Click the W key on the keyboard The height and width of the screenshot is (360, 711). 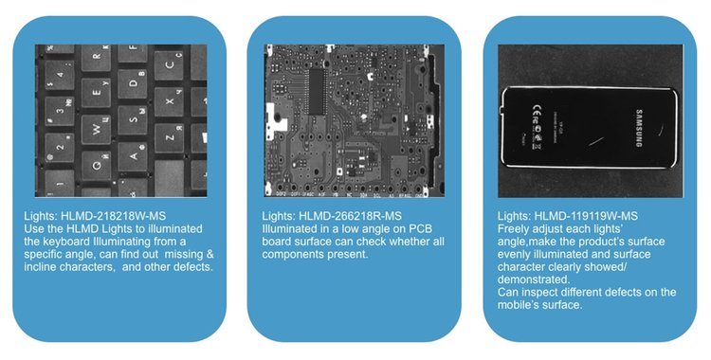click(96, 128)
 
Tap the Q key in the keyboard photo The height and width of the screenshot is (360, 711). click(96, 166)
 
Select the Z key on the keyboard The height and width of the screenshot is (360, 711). click(169, 137)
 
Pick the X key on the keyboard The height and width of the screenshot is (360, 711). click(169, 101)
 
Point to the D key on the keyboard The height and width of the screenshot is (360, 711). click(133, 84)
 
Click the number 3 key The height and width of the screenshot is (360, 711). click(60, 111)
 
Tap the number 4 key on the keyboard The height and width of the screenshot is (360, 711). click(60, 75)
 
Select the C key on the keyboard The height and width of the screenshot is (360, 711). click(169, 64)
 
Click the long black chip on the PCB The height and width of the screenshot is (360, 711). click(317, 91)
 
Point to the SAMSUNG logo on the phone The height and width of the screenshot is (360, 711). click(639, 128)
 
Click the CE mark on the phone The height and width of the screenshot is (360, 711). click(536, 110)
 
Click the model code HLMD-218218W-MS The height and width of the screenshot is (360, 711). click(114, 216)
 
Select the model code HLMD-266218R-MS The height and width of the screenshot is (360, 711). click(350, 216)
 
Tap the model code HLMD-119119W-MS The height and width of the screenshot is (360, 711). click(586, 216)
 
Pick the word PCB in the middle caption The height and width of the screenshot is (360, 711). click(421, 228)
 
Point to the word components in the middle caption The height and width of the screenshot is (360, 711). click(294, 254)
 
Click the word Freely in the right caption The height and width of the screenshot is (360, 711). click(513, 228)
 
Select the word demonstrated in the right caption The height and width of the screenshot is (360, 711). click(533, 279)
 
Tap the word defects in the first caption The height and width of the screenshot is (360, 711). click(191, 266)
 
